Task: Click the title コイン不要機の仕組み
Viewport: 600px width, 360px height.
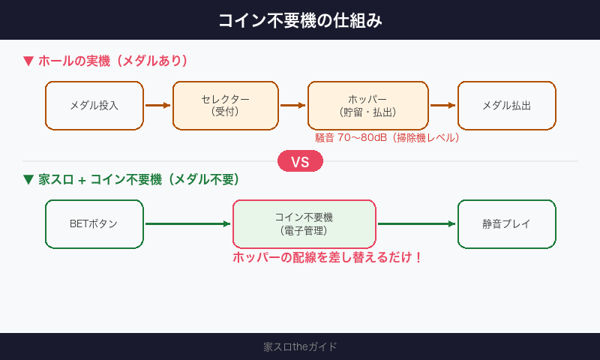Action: (x=300, y=20)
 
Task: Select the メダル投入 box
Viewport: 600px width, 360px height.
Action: (x=94, y=106)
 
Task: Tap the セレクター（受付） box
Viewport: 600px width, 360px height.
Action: (x=225, y=106)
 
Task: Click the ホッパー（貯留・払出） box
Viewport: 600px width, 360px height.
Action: (x=367, y=106)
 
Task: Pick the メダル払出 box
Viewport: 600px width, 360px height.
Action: (x=506, y=106)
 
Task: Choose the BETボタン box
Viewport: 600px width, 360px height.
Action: (x=94, y=223)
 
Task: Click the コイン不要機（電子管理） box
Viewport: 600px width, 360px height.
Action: (x=304, y=223)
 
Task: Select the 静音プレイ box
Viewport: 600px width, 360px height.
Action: (x=506, y=223)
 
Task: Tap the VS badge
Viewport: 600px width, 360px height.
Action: (x=300, y=162)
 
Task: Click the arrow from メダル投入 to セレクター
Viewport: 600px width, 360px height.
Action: (x=157, y=106)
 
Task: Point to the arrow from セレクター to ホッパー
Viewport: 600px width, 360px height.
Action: (x=292, y=106)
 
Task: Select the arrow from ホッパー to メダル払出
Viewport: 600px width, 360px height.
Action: (x=442, y=106)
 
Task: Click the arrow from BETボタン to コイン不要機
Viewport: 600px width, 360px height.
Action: (x=187, y=223)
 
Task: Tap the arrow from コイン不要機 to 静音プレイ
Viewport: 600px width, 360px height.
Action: (x=416, y=223)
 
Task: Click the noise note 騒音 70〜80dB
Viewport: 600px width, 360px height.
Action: (x=386, y=138)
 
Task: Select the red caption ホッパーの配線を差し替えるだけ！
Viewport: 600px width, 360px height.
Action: (x=328, y=257)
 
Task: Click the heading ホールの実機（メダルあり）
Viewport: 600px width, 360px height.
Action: (x=112, y=61)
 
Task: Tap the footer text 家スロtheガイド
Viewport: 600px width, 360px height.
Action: (x=300, y=346)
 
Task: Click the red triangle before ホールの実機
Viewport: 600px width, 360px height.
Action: (x=28, y=61)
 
